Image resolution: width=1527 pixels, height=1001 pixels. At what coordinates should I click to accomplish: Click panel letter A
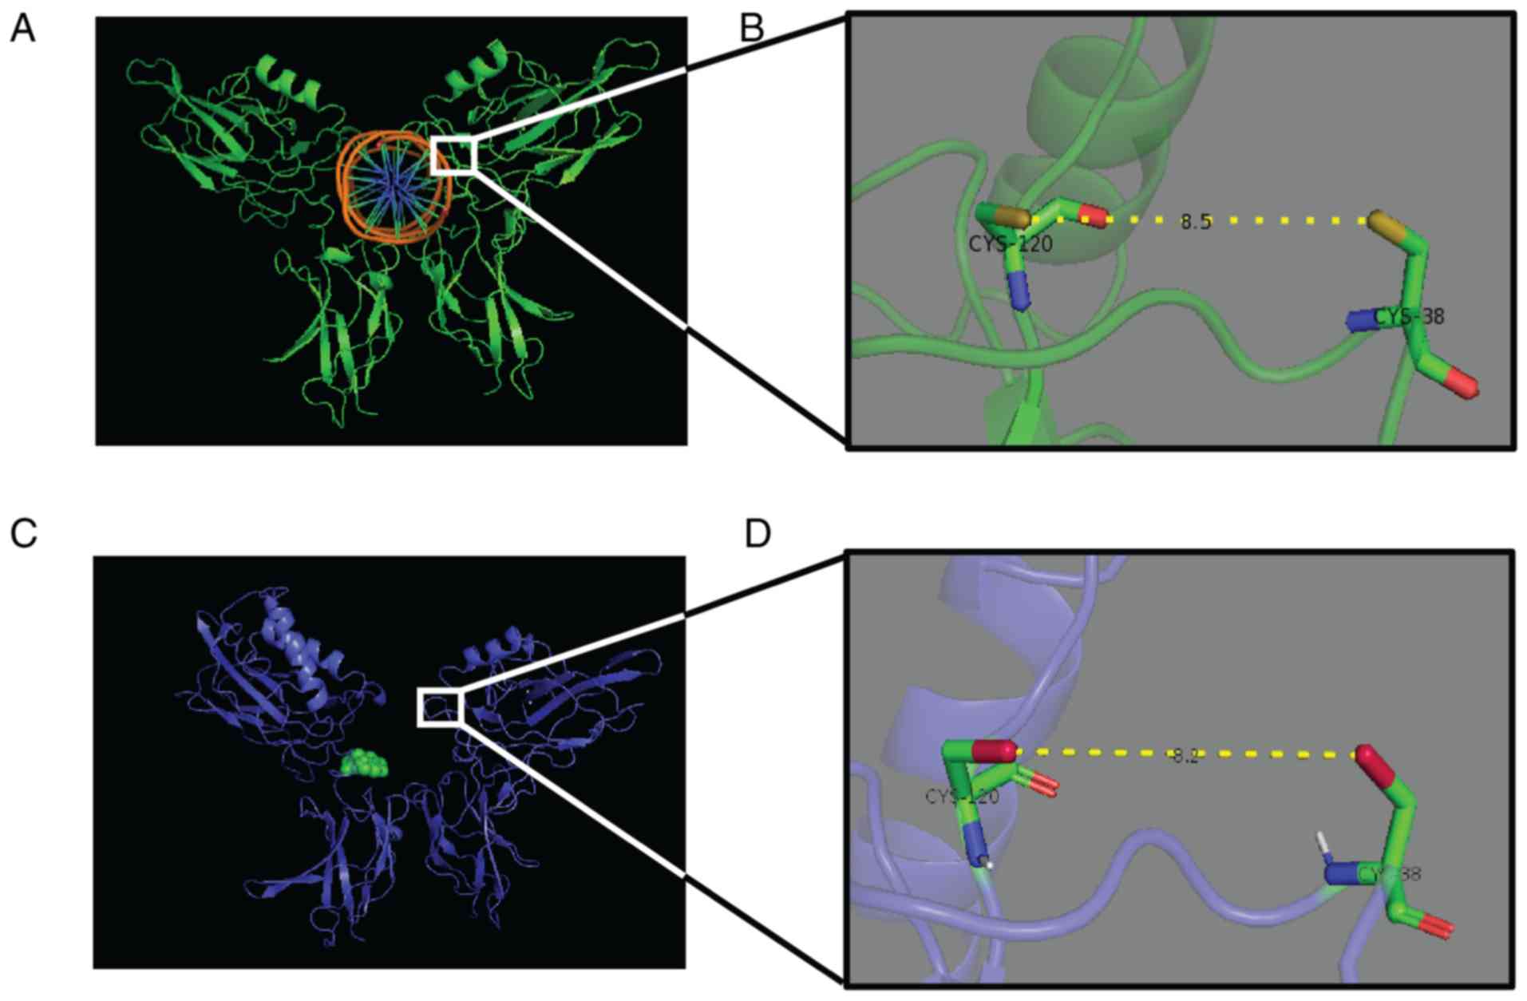coord(22,30)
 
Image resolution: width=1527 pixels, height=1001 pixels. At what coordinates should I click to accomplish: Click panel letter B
coord(752,29)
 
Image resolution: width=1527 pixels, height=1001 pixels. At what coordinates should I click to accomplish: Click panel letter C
coord(23,534)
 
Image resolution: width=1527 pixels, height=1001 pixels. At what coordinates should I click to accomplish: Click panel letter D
coord(758,534)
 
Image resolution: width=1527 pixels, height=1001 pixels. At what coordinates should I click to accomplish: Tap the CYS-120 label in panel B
coord(1010,243)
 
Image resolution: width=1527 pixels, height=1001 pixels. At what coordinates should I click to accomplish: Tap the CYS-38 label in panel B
coord(1409,317)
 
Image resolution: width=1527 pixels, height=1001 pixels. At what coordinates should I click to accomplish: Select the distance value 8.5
coord(1195,223)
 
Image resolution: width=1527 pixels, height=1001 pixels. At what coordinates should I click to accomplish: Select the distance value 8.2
coord(1185,756)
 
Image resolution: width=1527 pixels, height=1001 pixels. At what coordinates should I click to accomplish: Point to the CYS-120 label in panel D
coord(961,797)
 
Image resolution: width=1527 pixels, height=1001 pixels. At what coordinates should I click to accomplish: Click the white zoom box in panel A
coord(453,155)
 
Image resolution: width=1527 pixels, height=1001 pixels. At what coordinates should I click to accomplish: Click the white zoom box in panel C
coord(440,708)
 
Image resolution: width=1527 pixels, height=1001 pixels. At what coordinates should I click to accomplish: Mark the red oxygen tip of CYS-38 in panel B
coord(1462,384)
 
